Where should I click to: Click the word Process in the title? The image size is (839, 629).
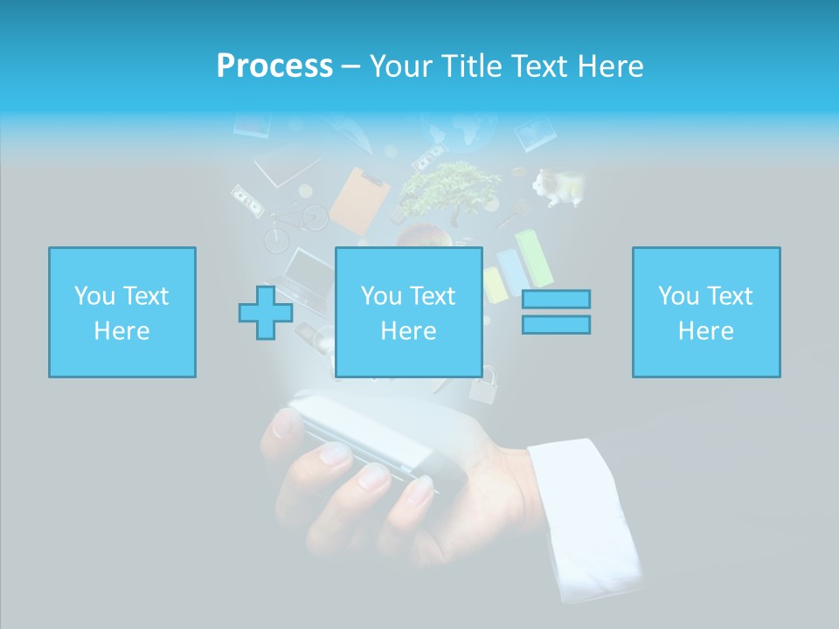click(x=274, y=66)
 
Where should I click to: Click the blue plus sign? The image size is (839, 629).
click(x=266, y=312)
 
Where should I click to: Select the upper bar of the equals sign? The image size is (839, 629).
click(x=556, y=300)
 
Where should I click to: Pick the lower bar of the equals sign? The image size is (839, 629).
click(x=556, y=324)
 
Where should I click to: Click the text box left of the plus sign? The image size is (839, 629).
click(x=121, y=312)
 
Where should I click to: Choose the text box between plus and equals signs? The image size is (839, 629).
click(x=408, y=312)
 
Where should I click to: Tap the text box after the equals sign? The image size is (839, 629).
click(x=705, y=312)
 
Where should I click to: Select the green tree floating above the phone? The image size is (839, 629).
click(x=449, y=188)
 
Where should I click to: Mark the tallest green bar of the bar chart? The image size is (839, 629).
click(x=534, y=258)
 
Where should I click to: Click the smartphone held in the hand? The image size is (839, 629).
click(x=367, y=437)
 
